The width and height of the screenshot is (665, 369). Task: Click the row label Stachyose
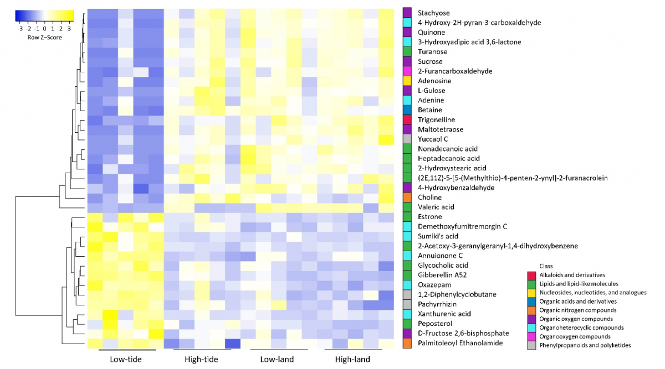[434, 13]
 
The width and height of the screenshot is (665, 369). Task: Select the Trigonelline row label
[437, 119]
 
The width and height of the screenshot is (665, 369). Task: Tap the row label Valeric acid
[436, 207]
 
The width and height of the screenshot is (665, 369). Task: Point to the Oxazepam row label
[433, 284]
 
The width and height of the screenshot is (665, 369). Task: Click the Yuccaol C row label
[433, 139]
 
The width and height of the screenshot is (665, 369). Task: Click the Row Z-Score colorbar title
[45, 38]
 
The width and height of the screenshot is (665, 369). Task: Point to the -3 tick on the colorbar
[20, 28]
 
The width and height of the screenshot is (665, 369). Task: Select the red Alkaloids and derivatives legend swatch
[531, 275]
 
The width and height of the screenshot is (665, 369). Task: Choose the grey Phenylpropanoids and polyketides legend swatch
[531, 345]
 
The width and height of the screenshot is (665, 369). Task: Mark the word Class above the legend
[546, 266]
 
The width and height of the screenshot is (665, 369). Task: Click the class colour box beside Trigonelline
[407, 119]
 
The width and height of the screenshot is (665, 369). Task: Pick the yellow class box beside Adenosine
[407, 81]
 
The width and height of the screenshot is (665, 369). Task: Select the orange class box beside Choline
[407, 197]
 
